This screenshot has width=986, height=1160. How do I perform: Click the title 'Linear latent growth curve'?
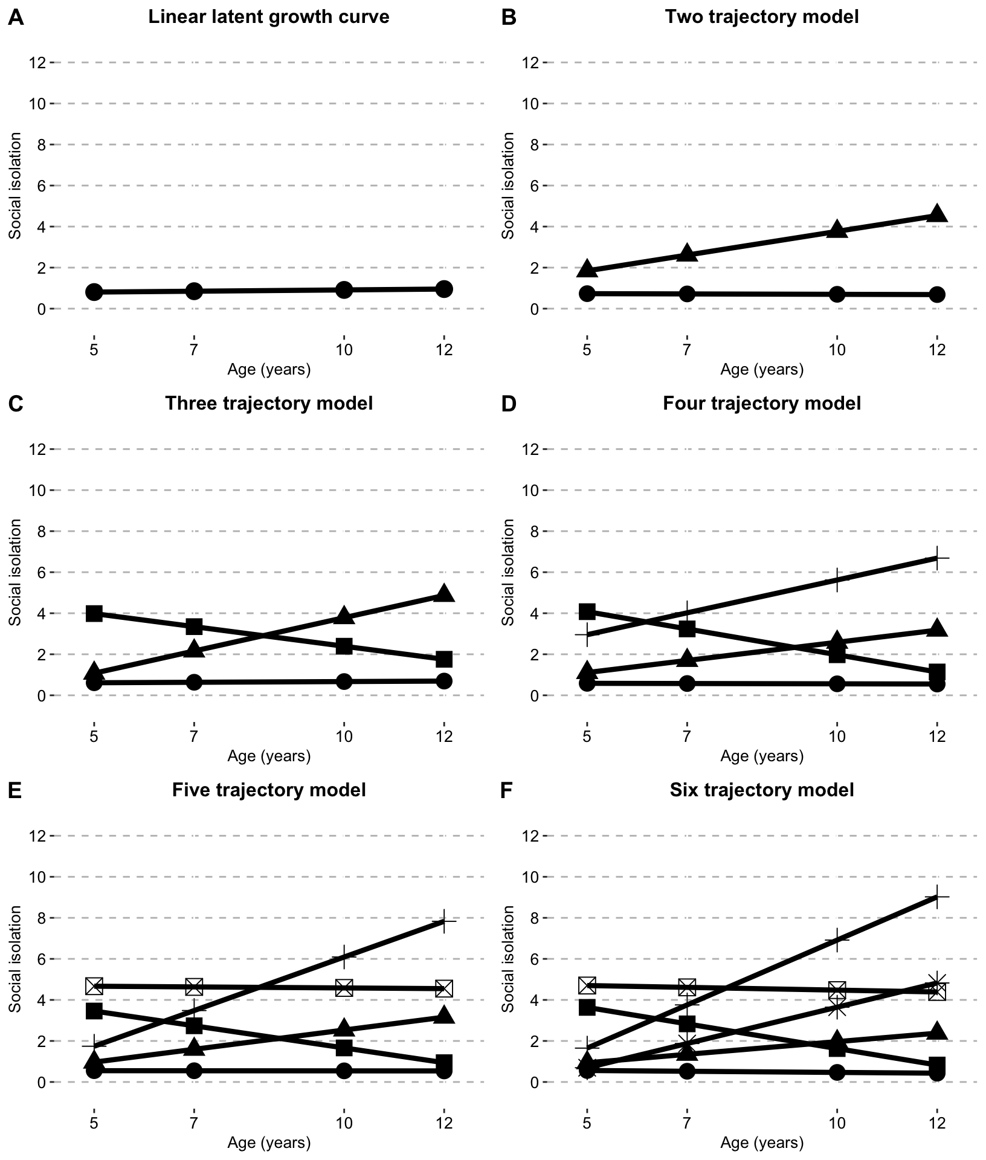(269, 16)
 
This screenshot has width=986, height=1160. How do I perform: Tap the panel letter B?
(509, 18)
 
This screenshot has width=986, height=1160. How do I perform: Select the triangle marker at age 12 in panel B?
(937, 213)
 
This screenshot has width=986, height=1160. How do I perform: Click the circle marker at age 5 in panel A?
(94, 292)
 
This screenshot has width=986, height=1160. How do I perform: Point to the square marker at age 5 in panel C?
(94, 613)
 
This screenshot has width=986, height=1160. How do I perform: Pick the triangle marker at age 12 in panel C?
(444, 593)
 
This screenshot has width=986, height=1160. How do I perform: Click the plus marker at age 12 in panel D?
(937, 558)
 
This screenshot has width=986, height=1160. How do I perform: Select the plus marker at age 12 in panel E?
(444, 921)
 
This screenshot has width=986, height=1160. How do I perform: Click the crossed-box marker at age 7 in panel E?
(194, 987)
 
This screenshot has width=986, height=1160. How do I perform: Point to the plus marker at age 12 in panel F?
(937, 897)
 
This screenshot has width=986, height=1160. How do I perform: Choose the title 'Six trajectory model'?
(762, 790)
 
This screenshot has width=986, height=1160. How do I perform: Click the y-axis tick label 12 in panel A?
(37, 62)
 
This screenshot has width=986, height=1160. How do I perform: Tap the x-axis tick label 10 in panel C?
(344, 736)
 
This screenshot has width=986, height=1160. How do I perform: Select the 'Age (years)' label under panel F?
(762, 1142)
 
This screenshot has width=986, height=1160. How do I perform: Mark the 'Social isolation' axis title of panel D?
(508, 572)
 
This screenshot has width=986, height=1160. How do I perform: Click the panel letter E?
(15, 791)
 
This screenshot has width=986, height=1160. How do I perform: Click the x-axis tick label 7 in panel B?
(687, 350)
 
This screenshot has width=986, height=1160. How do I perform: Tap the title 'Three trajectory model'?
(269, 403)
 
